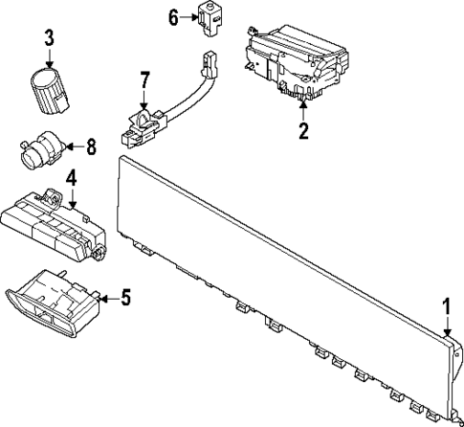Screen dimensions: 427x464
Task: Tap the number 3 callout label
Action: [x=49, y=39]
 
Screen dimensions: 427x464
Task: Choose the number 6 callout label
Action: [x=173, y=16]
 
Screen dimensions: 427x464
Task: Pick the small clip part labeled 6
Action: [x=209, y=18]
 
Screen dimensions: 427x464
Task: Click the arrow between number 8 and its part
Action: [x=73, y=147]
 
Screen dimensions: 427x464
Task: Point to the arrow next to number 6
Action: [x=189, y=17]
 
